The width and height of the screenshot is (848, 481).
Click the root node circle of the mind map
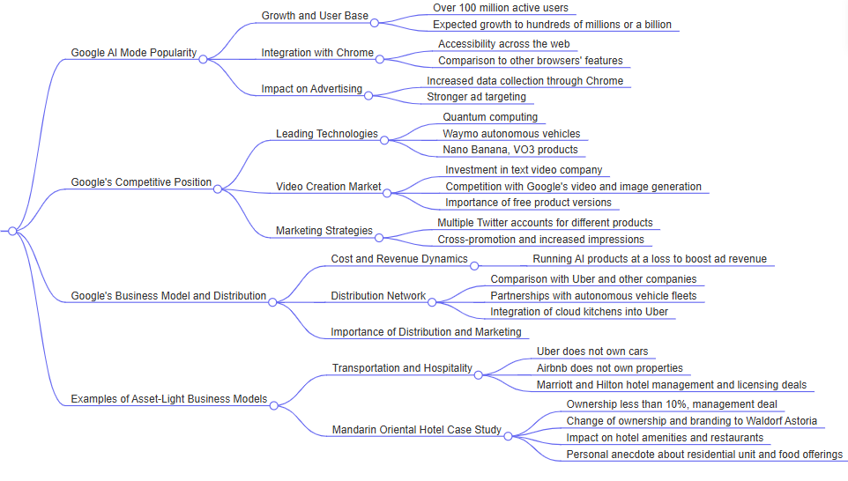click(12, 231)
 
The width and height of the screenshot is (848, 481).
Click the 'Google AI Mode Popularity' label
click(134, 53)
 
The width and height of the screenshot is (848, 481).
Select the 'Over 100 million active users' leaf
click(500, 8)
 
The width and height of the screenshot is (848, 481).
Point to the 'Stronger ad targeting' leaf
click(476, 97)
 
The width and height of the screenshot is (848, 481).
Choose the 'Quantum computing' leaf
click(490, 117)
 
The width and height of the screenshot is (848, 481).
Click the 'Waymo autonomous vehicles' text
click(511, 134)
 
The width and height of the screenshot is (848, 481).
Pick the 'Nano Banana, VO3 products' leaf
click(510, 150)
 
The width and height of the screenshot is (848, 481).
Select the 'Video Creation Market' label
click(329, 187)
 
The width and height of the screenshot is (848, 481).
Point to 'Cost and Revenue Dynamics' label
click(399, 259)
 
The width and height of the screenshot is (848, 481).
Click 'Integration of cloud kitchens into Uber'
click(579, 312)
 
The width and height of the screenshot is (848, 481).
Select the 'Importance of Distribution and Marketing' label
click(426, 332)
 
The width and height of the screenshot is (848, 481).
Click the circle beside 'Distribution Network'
click(432, 301)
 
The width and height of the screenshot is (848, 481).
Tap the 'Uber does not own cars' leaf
click(592, 351)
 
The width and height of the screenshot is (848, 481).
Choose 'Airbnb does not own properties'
click(609, 368)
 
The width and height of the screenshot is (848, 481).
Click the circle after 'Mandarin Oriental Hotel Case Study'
click(508, 435)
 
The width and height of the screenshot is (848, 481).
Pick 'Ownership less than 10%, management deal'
click(672, 403)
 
